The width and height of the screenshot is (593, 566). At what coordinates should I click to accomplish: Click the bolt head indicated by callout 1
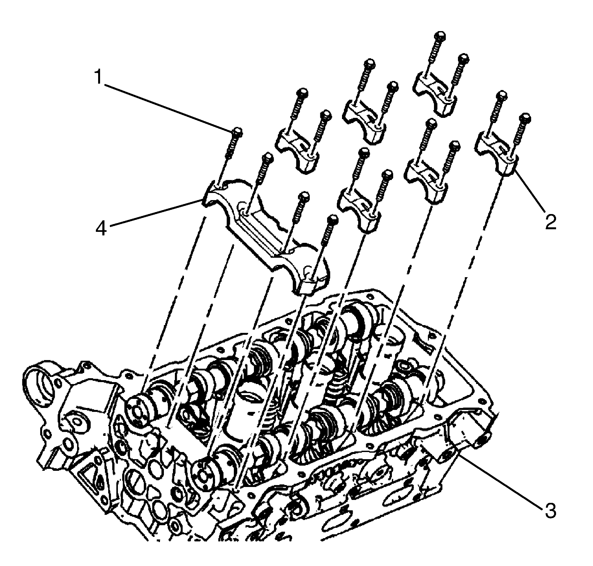coord(237,131)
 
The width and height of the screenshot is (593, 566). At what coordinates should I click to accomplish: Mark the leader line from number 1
coord(168,104)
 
